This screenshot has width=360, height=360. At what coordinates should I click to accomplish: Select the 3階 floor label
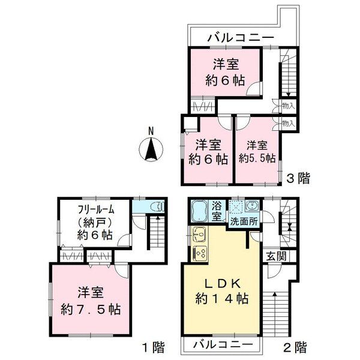pyautogui.click(x=298, y=178)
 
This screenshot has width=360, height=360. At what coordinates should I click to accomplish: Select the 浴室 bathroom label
pyautogui.click(x=217, y=212)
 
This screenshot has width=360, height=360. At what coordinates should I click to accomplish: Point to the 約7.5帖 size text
pyautogui.click(x=91, y=310)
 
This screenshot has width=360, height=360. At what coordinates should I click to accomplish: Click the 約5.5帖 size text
pyautogui.click(x=257, y=159)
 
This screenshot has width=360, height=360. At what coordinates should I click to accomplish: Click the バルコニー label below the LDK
pyautogui.click(x=227, y=345)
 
